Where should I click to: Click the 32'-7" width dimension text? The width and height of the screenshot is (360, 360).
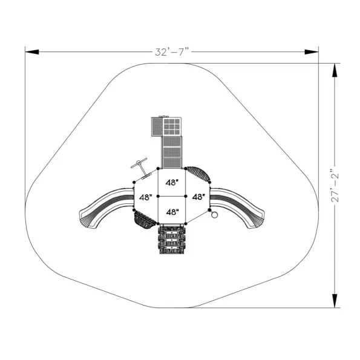pyautogui.click(x=172, y=52)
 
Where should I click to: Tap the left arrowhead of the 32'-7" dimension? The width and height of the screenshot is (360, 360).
pyautogui.click(x=32, y=52)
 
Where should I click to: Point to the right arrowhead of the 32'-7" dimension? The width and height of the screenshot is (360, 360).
pyautogui.click(x=312, y=52)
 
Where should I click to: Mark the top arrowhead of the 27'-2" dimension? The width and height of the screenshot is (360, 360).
pyautogui.click(x=335, y=70)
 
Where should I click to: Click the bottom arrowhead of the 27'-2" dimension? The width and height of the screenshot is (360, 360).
pyautogui.click(x=335, y=301)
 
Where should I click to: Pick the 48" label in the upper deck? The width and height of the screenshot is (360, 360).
pyautogui.click(x=172, y=183)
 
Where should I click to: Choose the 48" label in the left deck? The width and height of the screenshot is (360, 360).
pyautogui.click(x=146, y=197)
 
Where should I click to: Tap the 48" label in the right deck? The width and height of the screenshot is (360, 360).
pyautogui.click(x=198, y=197)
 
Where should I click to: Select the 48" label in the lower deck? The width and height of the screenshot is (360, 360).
pyautogui.click(x=172, y=212)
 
